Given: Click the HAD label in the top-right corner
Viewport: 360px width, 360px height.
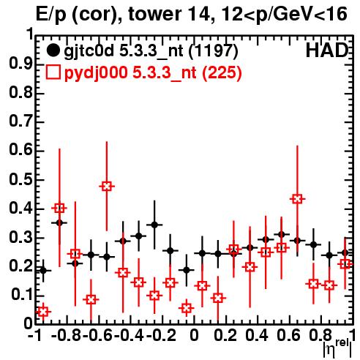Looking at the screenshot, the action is pos(327,50).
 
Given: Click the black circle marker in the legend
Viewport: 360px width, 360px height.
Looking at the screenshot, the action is pos(53,50).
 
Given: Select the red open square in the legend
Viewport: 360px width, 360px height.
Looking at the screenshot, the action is pos(53,72).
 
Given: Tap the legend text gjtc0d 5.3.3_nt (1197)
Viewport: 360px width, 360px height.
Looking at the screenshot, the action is pos(151,51).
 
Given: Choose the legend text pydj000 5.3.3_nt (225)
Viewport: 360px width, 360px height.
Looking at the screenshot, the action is pos(153,73).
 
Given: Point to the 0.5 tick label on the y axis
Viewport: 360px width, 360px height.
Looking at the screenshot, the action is pos(20,179).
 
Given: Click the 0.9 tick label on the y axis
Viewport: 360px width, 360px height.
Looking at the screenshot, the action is pos(20,64).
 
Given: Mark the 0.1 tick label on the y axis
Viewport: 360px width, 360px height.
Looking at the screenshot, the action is pos(22,295).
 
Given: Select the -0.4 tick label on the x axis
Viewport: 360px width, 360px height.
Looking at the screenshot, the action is pos(129,335).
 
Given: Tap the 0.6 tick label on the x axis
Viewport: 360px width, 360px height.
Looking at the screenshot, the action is pos(288,335).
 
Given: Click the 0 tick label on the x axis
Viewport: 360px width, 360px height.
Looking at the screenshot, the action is pos(194,335).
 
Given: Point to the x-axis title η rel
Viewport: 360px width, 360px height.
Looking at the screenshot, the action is pos(337,348).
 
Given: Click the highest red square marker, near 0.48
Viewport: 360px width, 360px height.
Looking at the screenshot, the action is pos(107,187).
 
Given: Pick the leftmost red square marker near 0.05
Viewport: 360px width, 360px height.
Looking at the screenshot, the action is pos(43,312).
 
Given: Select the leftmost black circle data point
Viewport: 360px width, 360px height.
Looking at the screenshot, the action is pos(43,271).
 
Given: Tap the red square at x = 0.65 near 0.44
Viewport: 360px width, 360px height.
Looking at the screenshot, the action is pos(297,199).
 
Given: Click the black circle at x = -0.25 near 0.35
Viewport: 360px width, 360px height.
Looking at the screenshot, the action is pos(154,225).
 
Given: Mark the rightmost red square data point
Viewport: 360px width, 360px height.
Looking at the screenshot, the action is pos(345,263).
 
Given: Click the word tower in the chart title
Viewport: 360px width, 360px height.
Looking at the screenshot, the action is pos(156,14).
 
